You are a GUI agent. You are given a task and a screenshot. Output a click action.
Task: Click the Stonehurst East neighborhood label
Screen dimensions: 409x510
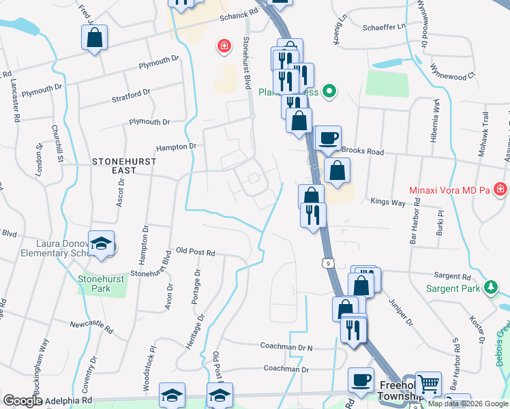point(124,167)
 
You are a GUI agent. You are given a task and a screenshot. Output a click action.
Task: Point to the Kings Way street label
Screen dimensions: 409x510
point(387,202)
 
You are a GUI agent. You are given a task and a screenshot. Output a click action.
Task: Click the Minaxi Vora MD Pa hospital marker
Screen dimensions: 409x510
point(501,188)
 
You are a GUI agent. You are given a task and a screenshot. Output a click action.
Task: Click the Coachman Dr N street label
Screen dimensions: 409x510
point(286,346)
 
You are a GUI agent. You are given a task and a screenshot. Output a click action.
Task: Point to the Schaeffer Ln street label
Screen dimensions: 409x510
point(383,26)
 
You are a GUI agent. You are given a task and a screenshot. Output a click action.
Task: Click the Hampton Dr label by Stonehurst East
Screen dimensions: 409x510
point(176,146)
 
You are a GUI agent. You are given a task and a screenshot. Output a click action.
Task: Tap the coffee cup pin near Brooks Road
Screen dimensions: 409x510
point(328,137)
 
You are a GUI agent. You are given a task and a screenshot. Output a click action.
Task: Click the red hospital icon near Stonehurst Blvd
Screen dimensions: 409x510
point(223,46)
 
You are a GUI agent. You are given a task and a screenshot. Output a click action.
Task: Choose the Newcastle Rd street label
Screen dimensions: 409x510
point(90,323)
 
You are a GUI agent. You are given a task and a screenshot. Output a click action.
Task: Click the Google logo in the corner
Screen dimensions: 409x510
point(22,402)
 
